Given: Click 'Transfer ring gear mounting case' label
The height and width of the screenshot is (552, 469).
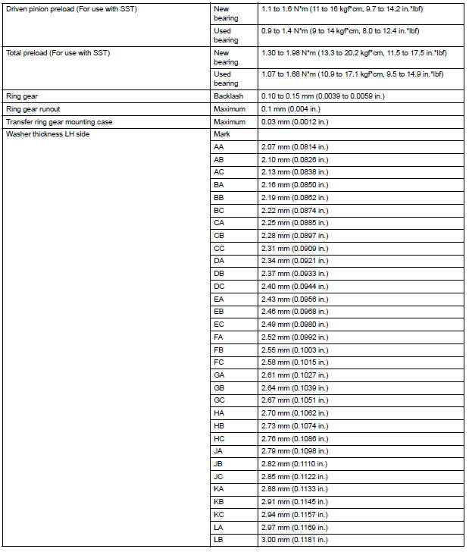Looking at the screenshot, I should [60, 121].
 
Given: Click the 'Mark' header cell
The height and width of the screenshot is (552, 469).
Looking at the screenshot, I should [222, 133].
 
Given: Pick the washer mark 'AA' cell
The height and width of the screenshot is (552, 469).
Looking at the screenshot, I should [219, 146].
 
